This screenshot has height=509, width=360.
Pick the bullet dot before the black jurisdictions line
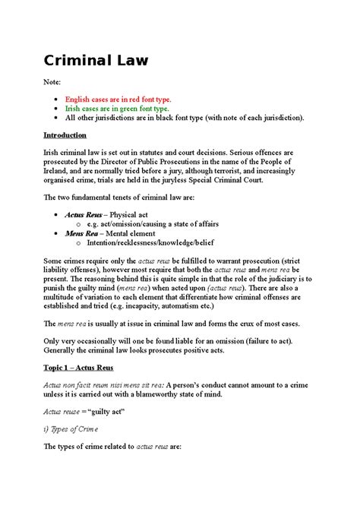point(55,118)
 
